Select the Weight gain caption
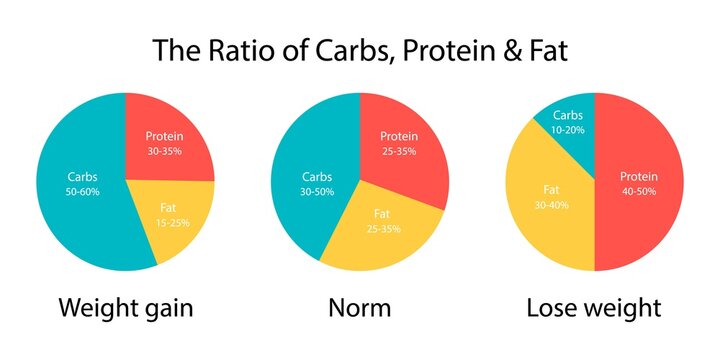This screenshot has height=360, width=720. point(125,308)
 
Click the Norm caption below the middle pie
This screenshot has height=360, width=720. point(359,308)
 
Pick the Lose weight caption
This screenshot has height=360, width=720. point(594,308)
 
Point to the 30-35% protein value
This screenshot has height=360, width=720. point(165,151)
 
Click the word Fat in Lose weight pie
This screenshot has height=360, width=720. point(551,188)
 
